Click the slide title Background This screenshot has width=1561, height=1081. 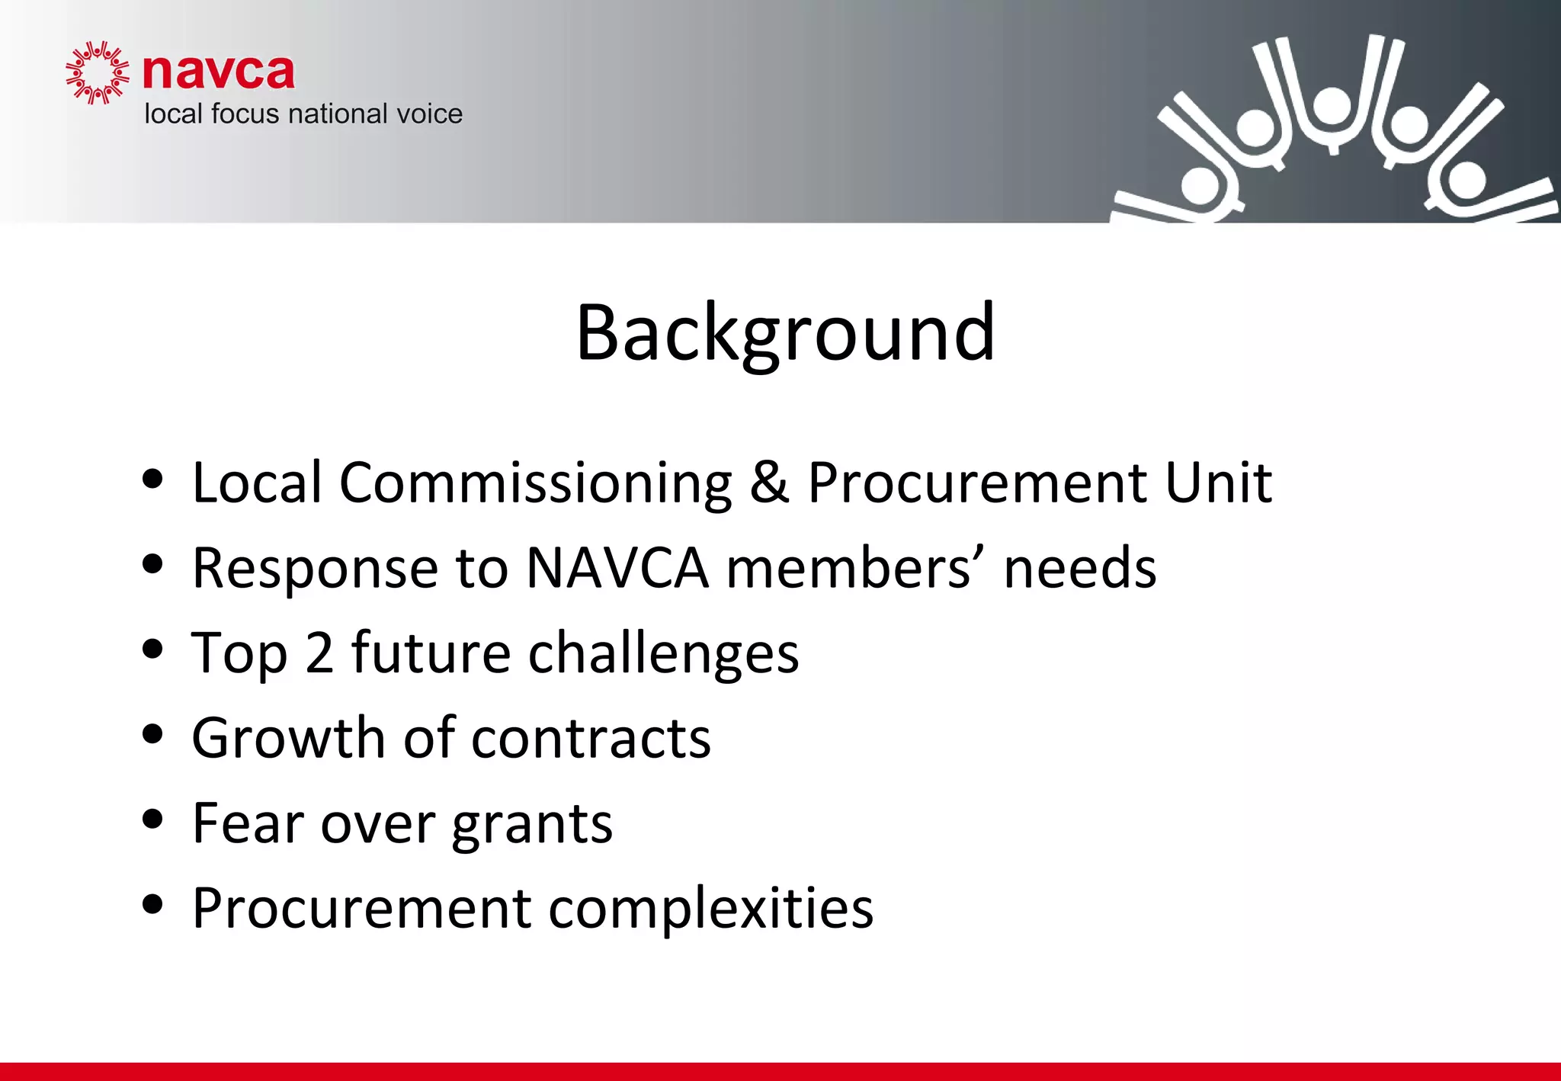coord(785,333)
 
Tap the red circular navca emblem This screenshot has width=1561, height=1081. coord(97,72)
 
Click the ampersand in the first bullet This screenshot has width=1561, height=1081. coord(769,483)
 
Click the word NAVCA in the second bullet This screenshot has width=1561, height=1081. coord(617,569)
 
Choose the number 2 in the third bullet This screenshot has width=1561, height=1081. coord(319,653)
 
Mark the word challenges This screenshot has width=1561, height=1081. coord(663,654)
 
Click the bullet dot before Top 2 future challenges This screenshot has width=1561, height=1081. coord(153,649)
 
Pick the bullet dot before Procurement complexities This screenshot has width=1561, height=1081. coord(153,904)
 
